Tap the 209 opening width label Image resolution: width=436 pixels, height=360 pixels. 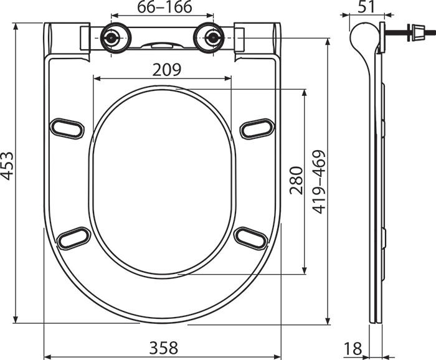[164, 70]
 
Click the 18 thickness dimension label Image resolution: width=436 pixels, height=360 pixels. [353, 348]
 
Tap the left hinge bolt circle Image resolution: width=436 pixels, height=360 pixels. [113, 37]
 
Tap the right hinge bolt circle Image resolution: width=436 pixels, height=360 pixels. [211, 37]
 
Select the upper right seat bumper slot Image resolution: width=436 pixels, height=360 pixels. [257, 128]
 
